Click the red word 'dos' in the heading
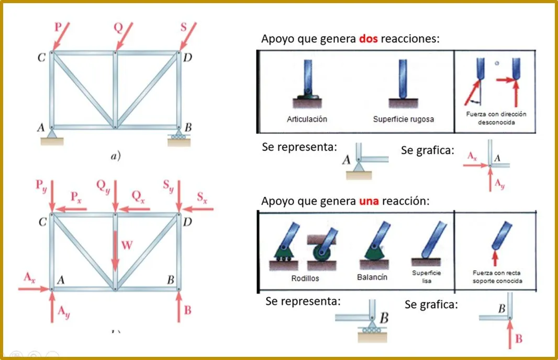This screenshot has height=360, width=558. pyautogui.click(x=369, y=38)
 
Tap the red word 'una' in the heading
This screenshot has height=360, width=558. pyautogui.click(x=369, y=201)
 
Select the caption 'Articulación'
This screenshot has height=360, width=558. pyautogui.click(x=307, y=119)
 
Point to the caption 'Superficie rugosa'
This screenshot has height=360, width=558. pyautogui.click(x=403, y=119)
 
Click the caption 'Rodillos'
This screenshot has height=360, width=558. pyautogui.click(x=305, y=278)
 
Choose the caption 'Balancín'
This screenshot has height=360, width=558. pyautogui.click(x=372, y=277)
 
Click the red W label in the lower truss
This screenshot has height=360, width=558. pyautogui.click(x=127, y=245)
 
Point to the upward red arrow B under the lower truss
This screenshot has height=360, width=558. pyautogui.click(x=178, y=307)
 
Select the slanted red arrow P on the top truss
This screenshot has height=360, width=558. pyautogui.click(x=61, y=36)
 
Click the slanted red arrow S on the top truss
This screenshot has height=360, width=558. pyautogui.click(x=188, y=36)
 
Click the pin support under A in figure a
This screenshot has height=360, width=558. pyautogui.click(x=52, y=137)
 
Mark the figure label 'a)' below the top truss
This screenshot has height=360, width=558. pyautogui.click(x=116, y=155)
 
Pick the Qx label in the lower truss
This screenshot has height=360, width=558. pyautogui.click(x=138, y=196)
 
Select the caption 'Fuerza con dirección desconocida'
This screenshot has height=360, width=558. pyautogui.click(x=496, y=118)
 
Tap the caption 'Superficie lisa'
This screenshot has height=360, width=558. pyautogui.click(x=426, y=277)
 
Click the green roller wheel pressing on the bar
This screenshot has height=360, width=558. pyautogui.click(x=321, y=253)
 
